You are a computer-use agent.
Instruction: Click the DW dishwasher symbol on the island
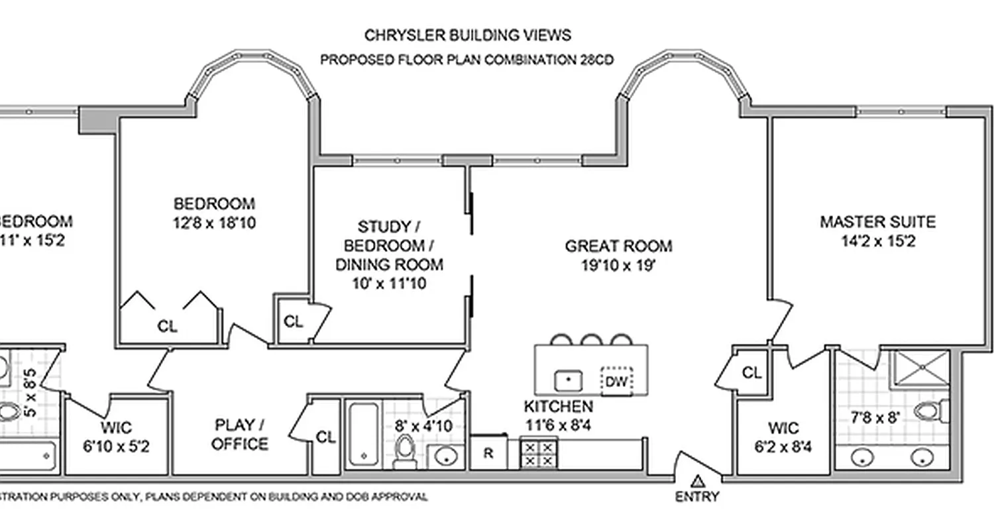point(616,380)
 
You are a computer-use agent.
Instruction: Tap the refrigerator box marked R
point(488,454)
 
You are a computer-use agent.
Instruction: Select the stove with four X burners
point(538,454)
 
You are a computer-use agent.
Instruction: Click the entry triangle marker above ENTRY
point(696,481)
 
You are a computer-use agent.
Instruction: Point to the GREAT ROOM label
point(618,246)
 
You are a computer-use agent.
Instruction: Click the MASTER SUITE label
point(877,222)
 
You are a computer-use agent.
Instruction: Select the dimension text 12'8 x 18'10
point(213,223)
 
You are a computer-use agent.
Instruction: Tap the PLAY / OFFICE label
point(240,434)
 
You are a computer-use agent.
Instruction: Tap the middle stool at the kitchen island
point(590,340)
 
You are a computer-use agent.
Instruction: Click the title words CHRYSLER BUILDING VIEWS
point(467,34)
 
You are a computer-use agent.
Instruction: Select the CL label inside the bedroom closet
point(167,326)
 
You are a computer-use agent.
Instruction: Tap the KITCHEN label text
point(558,406)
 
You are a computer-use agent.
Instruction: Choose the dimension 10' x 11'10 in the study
point(390,284)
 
